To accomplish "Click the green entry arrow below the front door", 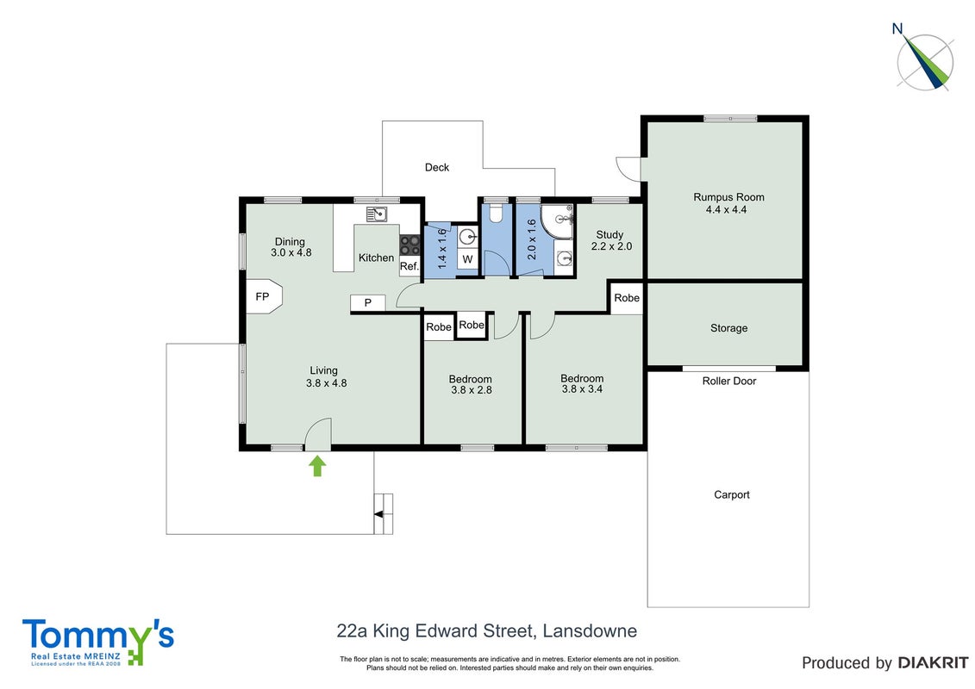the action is [x=317, y=466].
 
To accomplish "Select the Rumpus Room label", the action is [x=728, y=197].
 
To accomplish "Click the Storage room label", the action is [x=728, y=328].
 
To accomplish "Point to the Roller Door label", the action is [x=729, y=381].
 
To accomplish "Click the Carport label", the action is [x=732, y=494].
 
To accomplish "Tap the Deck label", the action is [x=436, y=167].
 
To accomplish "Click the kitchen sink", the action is [x=377, y=214].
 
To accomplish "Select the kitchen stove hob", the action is [x=409, y=244].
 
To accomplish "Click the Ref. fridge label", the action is [x=409, y=266].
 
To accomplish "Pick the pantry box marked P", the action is [x=367, y=302].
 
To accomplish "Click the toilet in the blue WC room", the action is [x=496, y=214].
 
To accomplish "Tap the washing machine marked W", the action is [x=467, y=260].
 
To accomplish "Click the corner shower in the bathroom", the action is [x=557, y=221].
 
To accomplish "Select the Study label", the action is [x=609, y=234].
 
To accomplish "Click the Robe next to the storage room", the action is [x=627, y=298].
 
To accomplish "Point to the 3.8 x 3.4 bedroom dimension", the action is [x=582, y=389].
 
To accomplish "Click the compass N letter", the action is [x=897, y=28].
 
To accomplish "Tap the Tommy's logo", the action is [x=98, y=642].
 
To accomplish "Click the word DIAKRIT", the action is [x=933, y=663].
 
